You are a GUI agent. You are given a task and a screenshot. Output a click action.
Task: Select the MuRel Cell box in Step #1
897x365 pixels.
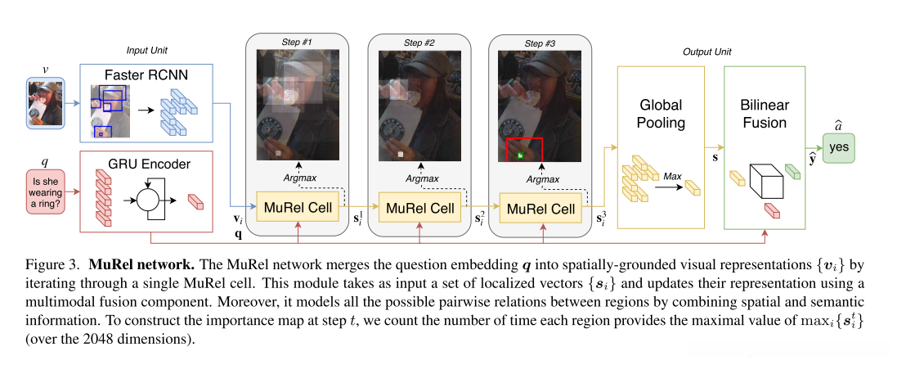point(298,208)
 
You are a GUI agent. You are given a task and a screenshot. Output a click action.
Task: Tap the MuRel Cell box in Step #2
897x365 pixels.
point(420,208)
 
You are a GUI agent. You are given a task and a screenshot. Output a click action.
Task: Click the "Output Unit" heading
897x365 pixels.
point(706,52)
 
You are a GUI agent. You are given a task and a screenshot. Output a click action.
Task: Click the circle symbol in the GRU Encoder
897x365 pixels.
point(148,198)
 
